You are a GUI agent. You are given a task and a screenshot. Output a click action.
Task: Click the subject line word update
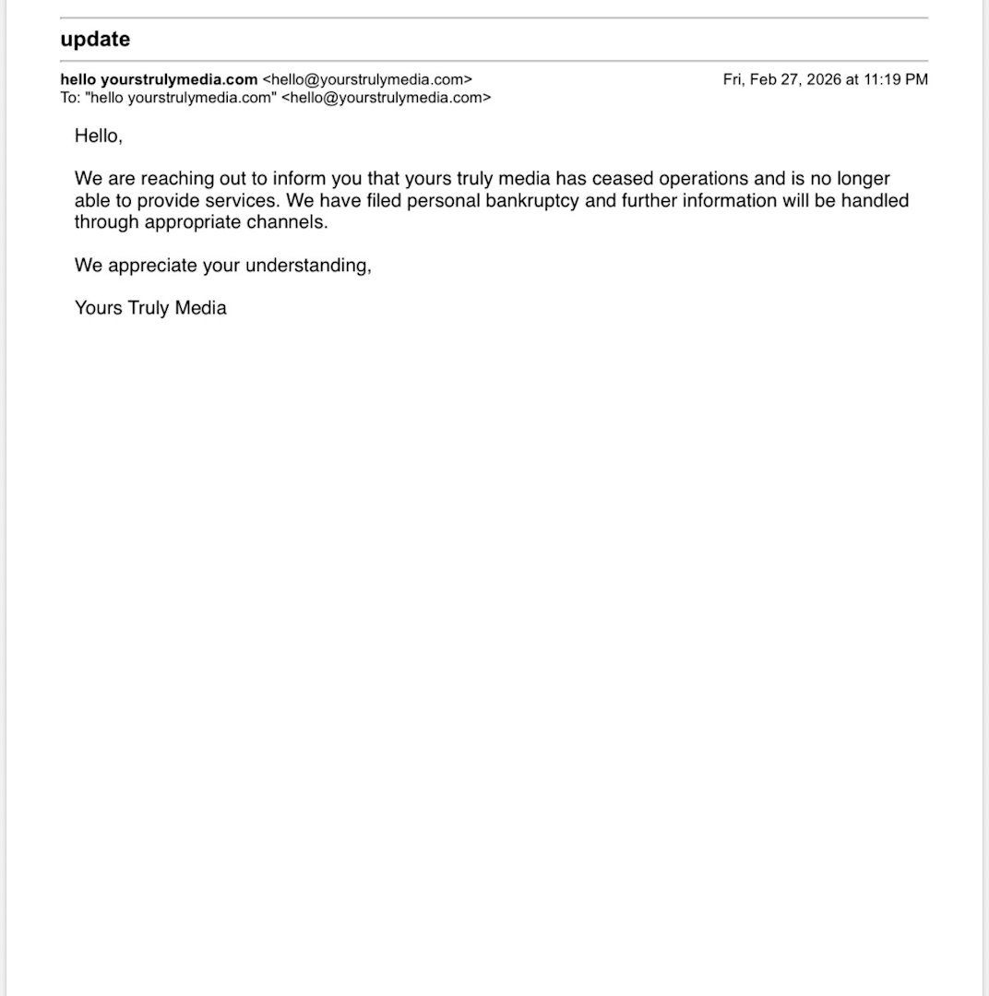[95, 40]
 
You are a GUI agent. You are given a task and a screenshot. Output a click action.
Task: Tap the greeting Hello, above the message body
[98, 136]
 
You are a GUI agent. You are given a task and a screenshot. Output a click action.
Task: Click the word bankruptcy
[533, 201]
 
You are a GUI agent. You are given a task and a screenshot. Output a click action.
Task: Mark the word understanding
[308, 266]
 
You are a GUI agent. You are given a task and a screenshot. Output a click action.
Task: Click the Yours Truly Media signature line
[150, 308]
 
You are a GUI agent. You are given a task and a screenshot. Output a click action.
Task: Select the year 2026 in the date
[823, 79]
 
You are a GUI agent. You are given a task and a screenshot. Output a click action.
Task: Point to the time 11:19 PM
[895, 79]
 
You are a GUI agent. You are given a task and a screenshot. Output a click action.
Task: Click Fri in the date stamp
[734, 79]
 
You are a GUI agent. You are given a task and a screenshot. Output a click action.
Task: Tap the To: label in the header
[70, 98]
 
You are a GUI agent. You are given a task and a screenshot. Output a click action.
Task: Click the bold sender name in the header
[159, 79]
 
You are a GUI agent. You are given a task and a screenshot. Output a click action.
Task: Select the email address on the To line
[387, 98]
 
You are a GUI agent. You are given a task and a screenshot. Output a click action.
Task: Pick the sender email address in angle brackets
[367, 79]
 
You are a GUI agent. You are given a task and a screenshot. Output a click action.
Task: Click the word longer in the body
[863, 179]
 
